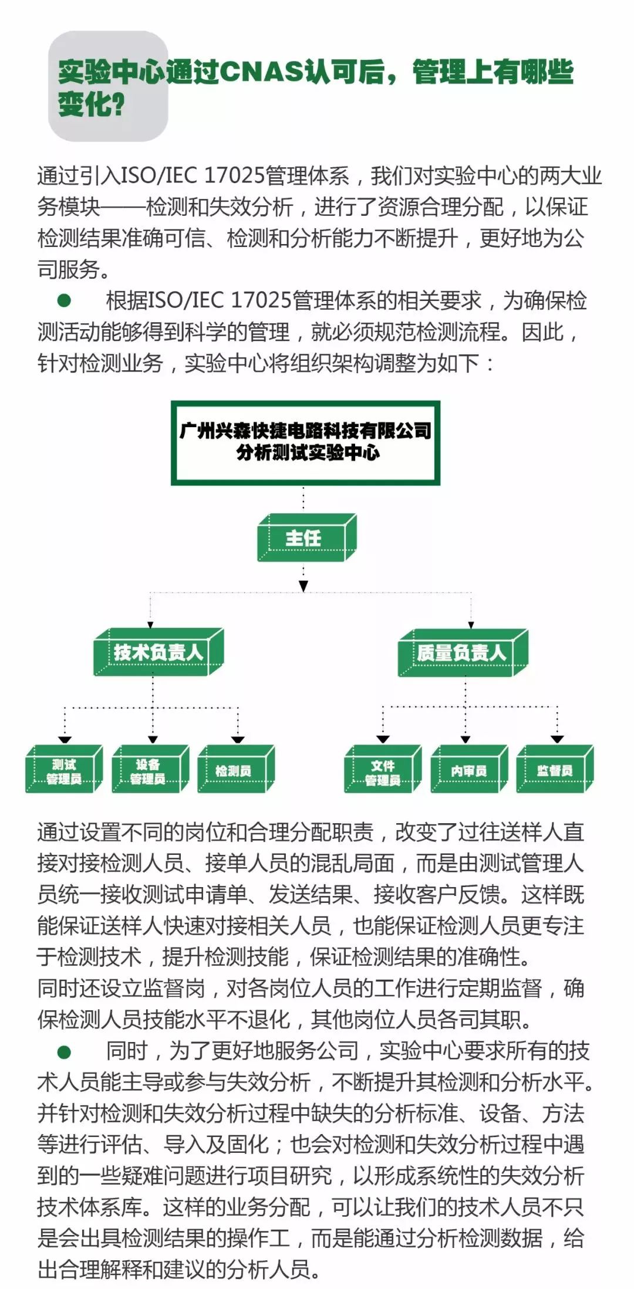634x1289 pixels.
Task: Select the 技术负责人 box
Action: pyautogui.click(x=158, y=652)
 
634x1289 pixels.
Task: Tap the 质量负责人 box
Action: pyautogui.click(x=463, y=653)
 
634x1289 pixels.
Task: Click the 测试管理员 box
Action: pyautogui.click(x=64, y=769)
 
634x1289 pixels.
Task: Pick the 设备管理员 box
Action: pyautogui.click(x=150, y=769)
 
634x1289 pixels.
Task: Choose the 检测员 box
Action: pyautogui.click(x=236, y=769)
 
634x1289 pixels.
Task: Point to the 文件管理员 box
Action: pyautogui.click(x=383, y=769)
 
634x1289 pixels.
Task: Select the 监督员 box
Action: pyautogui.click(x=555, y=769)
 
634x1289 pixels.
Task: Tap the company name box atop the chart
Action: pyautogui.click(x=305, y=443)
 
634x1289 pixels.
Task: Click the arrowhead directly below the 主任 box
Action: pyautogui.click(x=303, y=586)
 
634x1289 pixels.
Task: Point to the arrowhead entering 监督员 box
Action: pyautogui.click(x=557, y=739)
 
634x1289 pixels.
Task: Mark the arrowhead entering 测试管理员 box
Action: pyautogui.click(x=65, y=739)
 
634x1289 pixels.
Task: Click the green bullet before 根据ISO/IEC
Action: pyautogui.click(x=64, y=301)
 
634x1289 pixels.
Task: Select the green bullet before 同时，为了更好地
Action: pyautogui.click(x=64, y=1052)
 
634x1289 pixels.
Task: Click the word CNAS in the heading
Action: pyautogui.click(x=261, y=72)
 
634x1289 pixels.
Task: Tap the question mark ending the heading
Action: pyautogui.click(x=117, y=104)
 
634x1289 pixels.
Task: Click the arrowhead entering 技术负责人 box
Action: pyautogui.click(x=150, y=625)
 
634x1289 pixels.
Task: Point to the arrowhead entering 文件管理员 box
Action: pyautogui.click(x=383, y=739)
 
